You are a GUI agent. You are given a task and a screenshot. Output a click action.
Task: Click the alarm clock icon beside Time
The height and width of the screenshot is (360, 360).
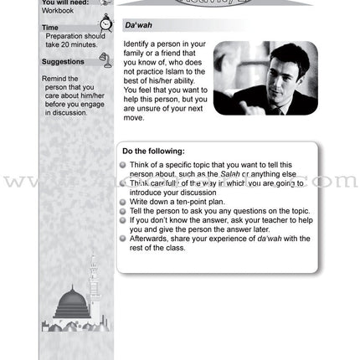[x=105, y=24]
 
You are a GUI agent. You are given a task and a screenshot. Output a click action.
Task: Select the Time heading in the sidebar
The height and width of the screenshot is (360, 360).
[x=50, y=28]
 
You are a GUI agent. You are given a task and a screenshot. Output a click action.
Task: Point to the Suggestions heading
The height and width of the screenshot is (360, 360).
[x=63, y=61]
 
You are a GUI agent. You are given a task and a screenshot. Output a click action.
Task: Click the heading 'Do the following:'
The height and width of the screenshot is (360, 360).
[x=153, y=151]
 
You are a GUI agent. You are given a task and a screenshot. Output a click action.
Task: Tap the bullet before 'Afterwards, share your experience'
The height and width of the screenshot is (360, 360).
[x=123, y=238]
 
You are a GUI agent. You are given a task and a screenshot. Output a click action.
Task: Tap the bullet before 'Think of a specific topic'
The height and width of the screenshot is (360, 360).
[x=123, y=164]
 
